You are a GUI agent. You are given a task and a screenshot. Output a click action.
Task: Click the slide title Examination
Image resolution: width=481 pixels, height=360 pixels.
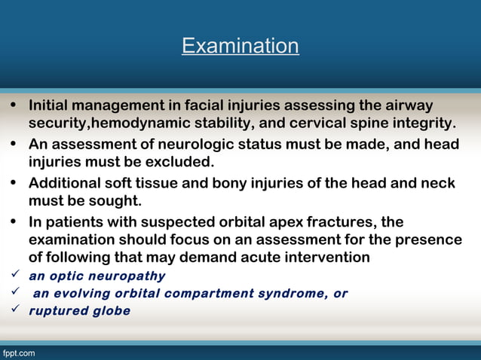tap(240, 47)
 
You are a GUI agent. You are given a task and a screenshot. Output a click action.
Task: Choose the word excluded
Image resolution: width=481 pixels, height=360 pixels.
tap(182, 162)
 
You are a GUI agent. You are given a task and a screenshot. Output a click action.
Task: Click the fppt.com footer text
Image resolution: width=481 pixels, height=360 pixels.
tap(18, 352)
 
